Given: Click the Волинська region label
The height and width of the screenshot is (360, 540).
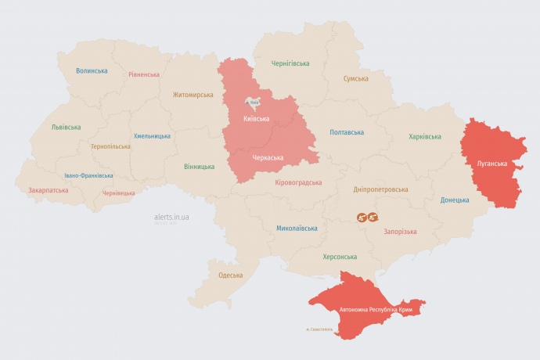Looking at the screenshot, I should (x=92, y=70).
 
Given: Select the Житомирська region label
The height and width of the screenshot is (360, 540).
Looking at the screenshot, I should (x=193, y=95).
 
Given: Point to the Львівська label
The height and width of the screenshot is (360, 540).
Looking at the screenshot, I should (x=66, y=127).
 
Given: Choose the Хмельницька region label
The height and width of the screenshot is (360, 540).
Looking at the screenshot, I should (x=152, y=135).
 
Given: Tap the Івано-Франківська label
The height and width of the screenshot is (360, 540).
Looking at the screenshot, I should (x=88, y=175).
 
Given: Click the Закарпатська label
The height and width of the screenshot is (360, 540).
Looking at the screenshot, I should (x=48, y=189).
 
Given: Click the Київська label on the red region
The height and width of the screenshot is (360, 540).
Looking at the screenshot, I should (x=257, y=119).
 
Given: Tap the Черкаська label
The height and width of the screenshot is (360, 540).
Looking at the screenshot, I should (x=268, y=157).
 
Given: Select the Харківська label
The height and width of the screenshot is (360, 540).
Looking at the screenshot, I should (x=425, y=136).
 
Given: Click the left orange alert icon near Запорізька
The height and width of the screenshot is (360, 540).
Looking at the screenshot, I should (x=362, y=217).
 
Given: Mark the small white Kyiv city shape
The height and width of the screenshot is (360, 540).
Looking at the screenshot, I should (x=254, y=102).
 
